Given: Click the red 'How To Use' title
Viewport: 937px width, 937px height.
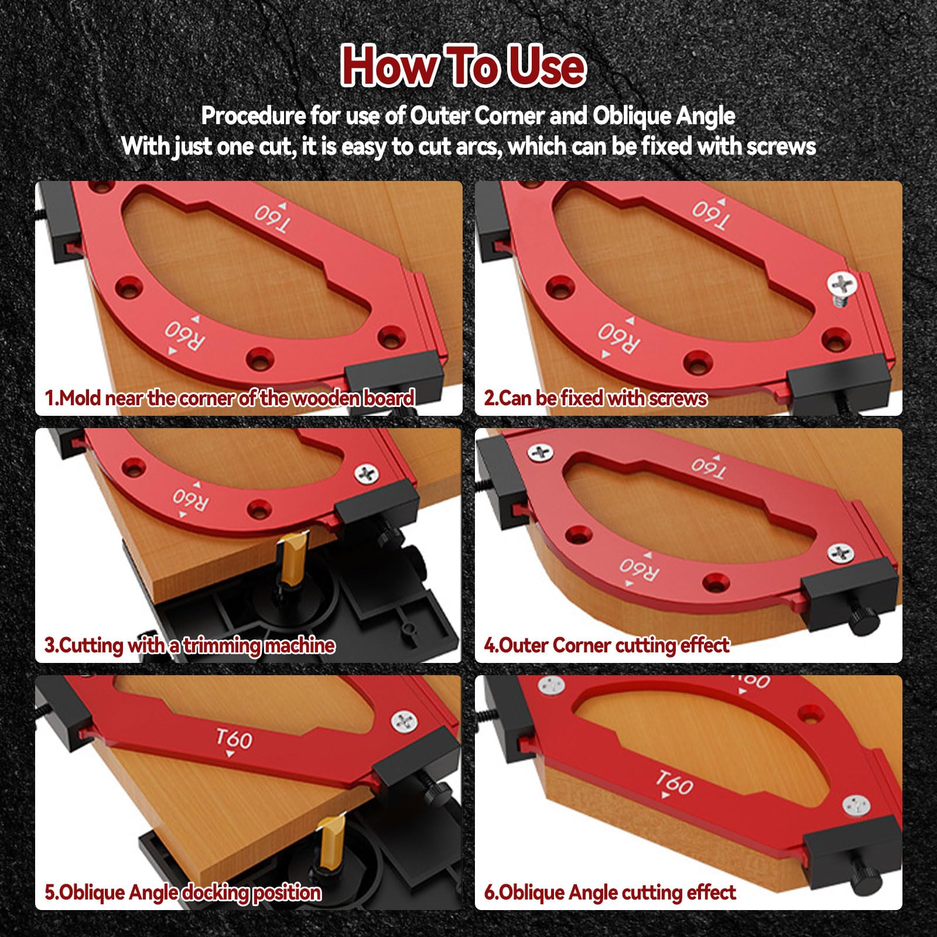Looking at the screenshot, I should click(463, 66).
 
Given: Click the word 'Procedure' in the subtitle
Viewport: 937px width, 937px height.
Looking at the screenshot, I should click(253, 116).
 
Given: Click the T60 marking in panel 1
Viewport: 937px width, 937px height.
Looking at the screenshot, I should click(273, 218).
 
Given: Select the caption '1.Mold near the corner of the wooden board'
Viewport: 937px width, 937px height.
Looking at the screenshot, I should click(230, 398).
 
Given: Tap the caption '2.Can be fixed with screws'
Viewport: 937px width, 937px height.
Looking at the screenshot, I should click(595, 398).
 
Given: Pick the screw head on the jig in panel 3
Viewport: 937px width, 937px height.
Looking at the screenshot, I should click(367, 474).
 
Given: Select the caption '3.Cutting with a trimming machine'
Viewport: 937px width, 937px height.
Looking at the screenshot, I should click(189, 645).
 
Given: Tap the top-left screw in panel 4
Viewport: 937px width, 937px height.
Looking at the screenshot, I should click(540, 452).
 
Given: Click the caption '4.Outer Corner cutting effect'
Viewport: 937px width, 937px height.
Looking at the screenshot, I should click(606, 645).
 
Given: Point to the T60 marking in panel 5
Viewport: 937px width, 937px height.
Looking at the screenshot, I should click(234, 739).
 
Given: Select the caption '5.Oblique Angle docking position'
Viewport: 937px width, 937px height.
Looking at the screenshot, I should click(183, 892).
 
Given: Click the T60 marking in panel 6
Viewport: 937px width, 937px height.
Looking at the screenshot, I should click(673, 782).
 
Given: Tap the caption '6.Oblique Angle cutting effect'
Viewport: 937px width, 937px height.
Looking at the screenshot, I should click(609, 892).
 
